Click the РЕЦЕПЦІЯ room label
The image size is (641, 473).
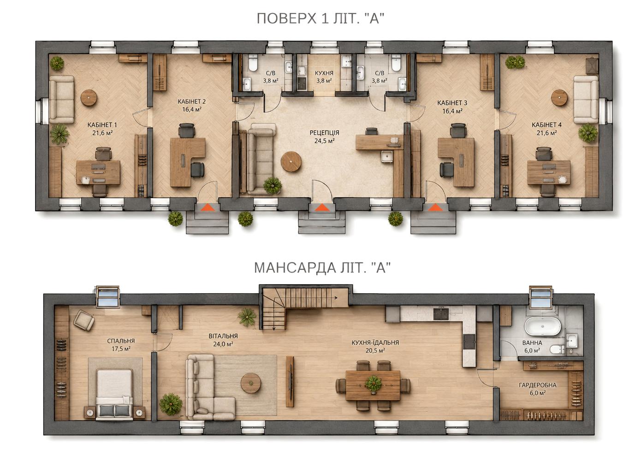point(324,133)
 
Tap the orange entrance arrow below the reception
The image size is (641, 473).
point(321,207)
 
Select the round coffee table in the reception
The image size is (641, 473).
point(291,162)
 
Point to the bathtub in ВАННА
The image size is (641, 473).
point(543,326)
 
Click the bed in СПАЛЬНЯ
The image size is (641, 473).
point(114,394)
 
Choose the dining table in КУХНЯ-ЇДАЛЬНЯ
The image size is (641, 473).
point(373,385)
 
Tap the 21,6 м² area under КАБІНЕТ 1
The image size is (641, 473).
point(102,133)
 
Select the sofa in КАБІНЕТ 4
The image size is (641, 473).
point(586,99)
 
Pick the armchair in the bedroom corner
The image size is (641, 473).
point(84,320)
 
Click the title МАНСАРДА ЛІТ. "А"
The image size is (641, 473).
point(322,268)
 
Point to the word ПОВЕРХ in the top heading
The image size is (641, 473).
point(287,18)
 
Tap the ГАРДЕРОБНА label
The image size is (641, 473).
point(538,385)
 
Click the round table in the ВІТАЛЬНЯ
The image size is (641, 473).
point(251,383)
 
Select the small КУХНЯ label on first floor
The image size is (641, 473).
point(324,73)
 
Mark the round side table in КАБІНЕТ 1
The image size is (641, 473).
point(89,98)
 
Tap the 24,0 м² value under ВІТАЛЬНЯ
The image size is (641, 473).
point(223,344)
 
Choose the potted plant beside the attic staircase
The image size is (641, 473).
point(247,317)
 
